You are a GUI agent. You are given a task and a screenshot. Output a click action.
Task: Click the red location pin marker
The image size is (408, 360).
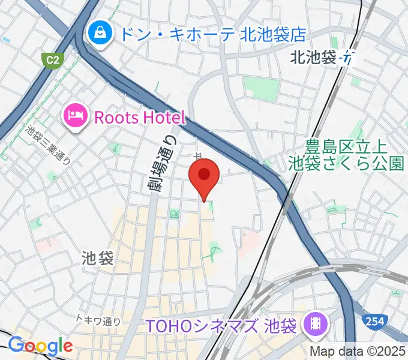coord(204,175)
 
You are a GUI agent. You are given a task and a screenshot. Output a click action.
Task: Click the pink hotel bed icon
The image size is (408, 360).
coord(76,114)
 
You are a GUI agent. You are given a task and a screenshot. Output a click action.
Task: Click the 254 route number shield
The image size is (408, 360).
coord(374,322)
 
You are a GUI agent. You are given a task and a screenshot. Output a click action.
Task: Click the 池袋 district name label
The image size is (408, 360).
coord(97,259)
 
